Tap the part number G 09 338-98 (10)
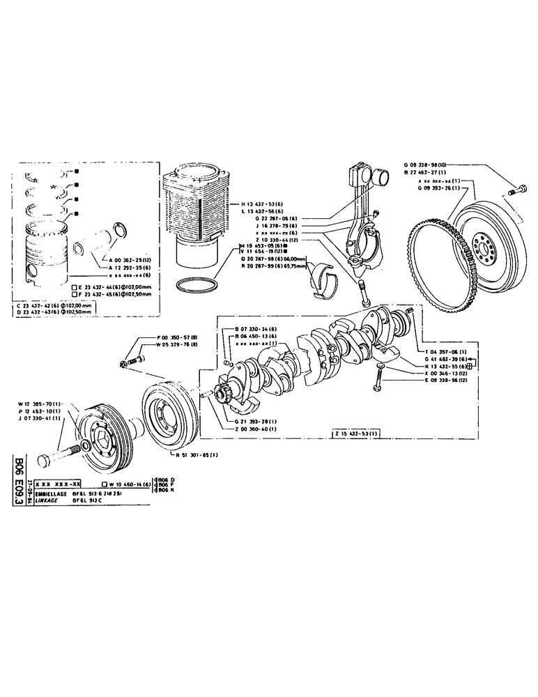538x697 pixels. coord(427,166)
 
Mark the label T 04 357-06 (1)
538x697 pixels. coord(445,353)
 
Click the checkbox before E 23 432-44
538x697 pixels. coord(75,286)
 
